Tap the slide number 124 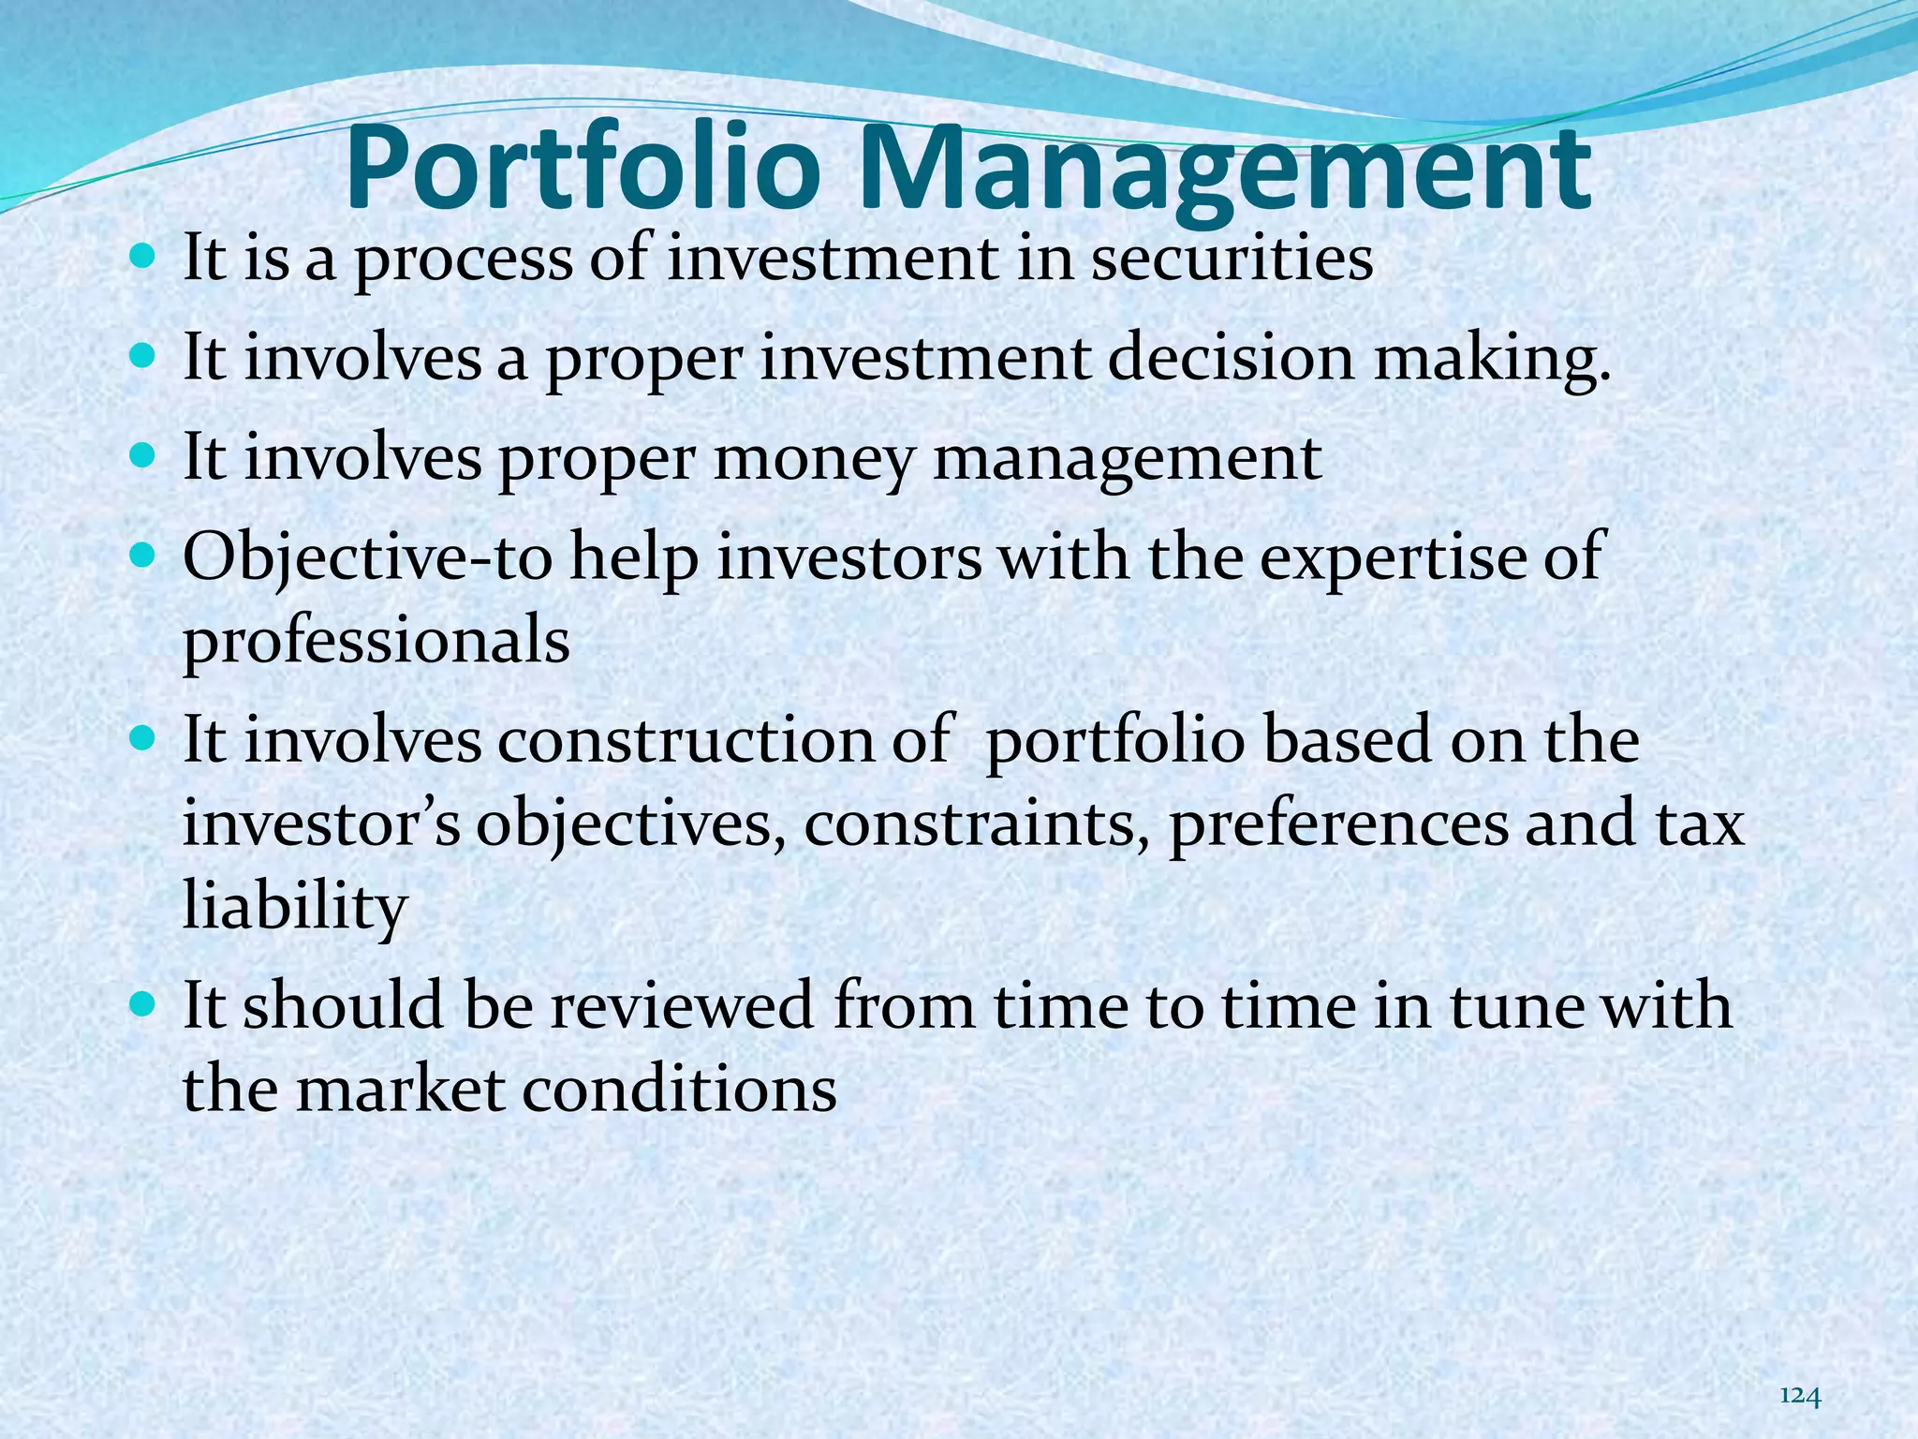[1800, 1371]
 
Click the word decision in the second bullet [1230, 359]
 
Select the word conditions [679, 1090]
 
